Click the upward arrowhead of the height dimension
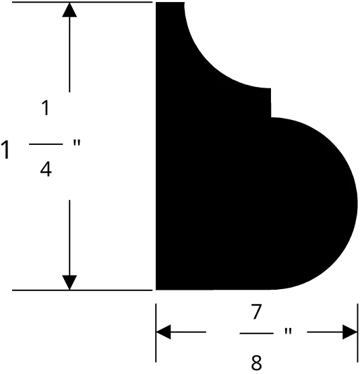point(69,10)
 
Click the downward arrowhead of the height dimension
point(69,282)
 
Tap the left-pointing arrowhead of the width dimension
point(163,332)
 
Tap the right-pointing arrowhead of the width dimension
point(350,332)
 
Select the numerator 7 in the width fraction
point(256,311)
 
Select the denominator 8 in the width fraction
point(256,363)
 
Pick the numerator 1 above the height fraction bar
point(46,108)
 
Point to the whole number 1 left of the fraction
point(5,150)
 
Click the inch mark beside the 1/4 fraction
point(77,143)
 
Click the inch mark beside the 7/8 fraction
point(288,332)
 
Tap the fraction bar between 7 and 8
point(256,333)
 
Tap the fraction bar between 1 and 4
point(46,144)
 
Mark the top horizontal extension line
point(82,2)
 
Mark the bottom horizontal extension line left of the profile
point(82,290)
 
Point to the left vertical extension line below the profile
point(156,333)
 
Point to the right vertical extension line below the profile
point(357,333)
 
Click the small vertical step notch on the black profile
point(271,103)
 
